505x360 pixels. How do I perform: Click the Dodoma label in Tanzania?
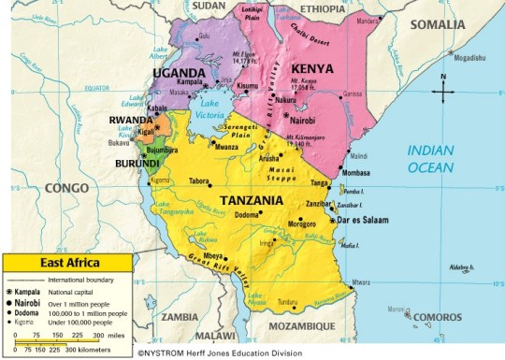point(246,216)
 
